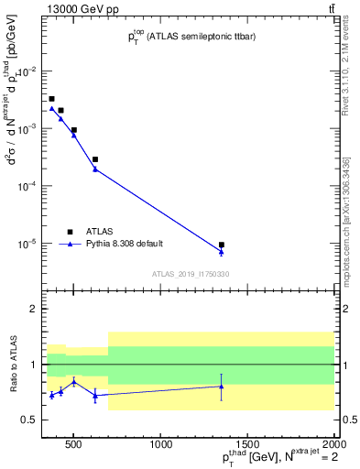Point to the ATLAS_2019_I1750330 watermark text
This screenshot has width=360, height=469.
191,274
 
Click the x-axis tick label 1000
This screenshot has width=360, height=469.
161,444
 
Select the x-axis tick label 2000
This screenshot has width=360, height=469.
333,444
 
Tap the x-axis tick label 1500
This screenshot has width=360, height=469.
247,444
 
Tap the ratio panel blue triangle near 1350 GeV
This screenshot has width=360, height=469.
222,386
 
